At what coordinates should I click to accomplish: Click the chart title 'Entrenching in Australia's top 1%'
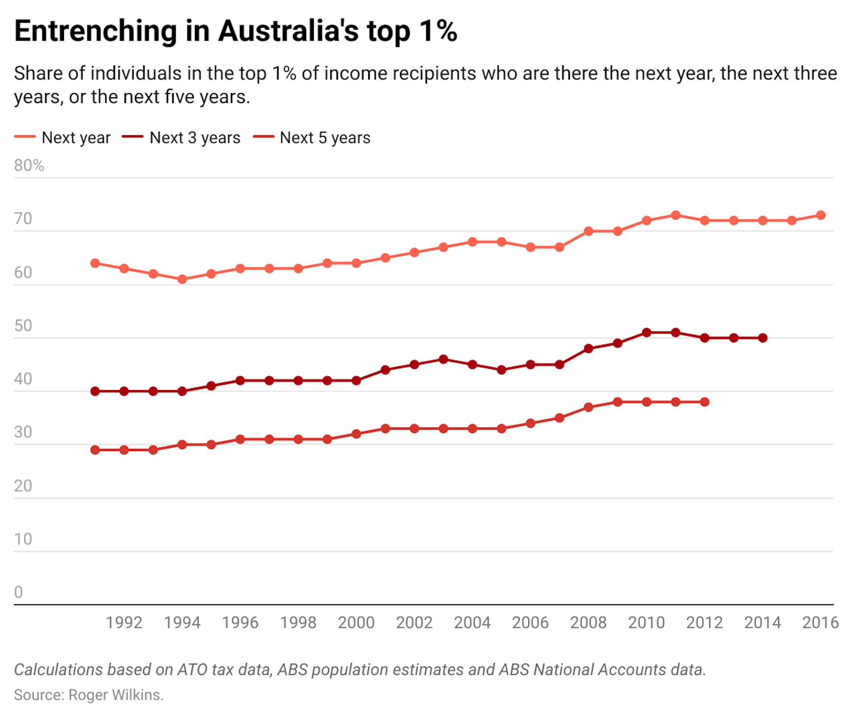[x=236, y=31]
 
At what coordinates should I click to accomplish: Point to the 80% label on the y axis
[x=29, y=165]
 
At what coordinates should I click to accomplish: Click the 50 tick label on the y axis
[x=23, y=326]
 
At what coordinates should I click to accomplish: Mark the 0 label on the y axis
[x=18, y=592]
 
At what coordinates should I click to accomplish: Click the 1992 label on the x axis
[x=124, y=623]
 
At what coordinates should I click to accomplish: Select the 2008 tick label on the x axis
[x=588, y=623]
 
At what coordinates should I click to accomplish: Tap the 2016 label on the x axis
[x=820, y=623]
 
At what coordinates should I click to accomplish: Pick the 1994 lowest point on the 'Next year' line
[x=182, y=279]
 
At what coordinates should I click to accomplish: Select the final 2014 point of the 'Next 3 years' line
[x=763, y=338]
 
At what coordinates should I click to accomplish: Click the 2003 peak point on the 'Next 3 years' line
[x=444, y=359]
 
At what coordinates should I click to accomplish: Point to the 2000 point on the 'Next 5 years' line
[x=356, y=434]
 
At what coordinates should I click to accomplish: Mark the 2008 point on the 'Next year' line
[x=588, y=231]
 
